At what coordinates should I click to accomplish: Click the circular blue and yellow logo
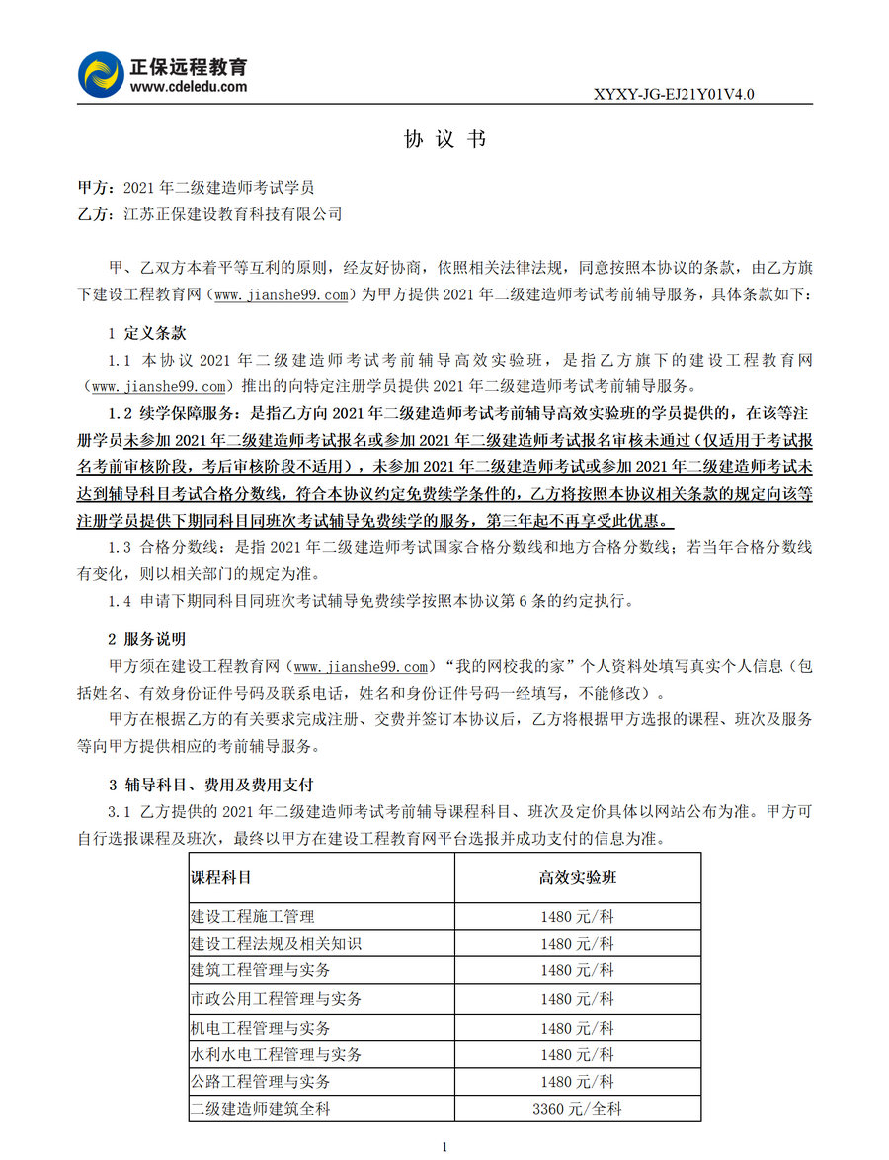[102, 75]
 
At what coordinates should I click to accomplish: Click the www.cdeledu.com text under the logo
[189, 87]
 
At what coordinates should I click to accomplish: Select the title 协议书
[444, 139]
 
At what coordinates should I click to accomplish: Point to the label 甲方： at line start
[95, 187]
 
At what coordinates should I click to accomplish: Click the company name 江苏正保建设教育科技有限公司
[232, 213]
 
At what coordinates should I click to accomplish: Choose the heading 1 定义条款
[146, 333]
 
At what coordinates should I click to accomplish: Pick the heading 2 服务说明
[146, 640]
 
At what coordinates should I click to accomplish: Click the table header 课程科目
[220, 877]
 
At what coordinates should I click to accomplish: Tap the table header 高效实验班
[577, 877]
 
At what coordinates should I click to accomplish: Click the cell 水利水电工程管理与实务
[276, 1055]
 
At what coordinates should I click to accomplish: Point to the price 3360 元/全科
[577, 1109]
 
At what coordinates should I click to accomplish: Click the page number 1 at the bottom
[445, 1146]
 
